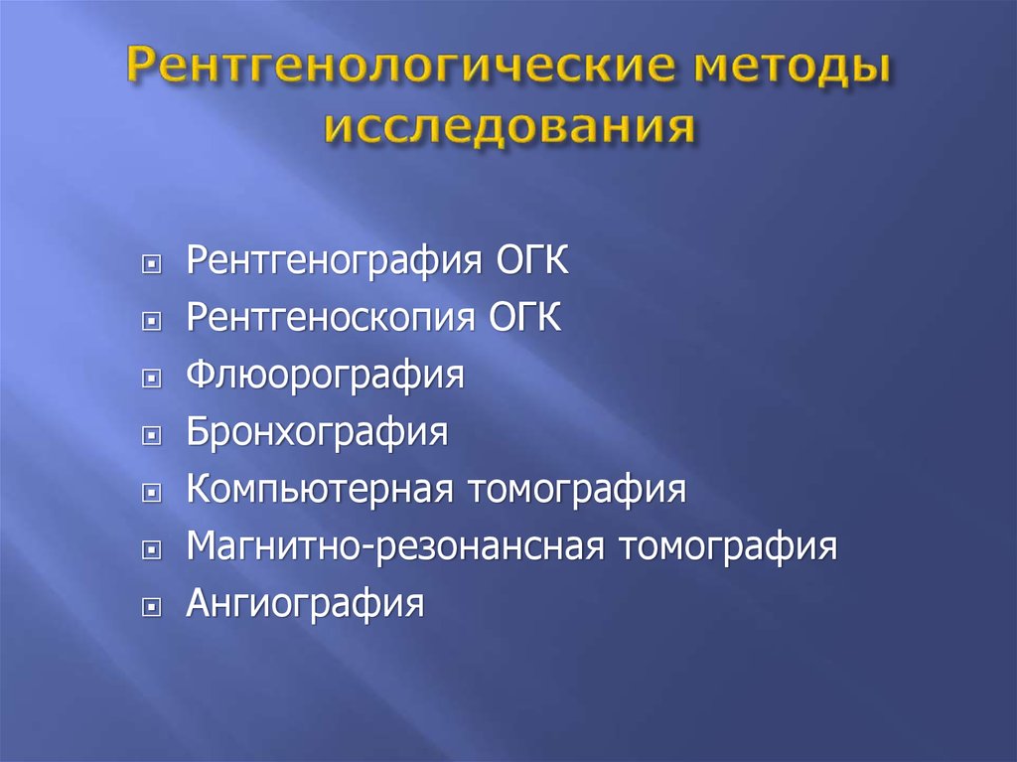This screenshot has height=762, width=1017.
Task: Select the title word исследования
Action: point(509,124)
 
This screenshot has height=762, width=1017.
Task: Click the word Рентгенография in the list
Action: point(335,261)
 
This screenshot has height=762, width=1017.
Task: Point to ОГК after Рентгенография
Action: point(532,259)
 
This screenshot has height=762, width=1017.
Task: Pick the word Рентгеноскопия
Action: point(331,318)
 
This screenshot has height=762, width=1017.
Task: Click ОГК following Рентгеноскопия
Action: point(524,317)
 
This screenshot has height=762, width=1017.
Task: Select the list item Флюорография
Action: point(326,376)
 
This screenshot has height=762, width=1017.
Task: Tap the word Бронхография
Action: point(317,432)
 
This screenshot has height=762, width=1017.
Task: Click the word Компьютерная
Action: point(320,489)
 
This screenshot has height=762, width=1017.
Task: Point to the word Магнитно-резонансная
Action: point(395,546)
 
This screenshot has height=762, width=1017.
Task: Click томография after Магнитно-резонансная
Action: point(728,547)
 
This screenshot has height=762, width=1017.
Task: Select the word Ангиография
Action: point(306,604)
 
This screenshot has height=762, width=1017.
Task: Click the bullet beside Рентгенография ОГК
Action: point(151,264)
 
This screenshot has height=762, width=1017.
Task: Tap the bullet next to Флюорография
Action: point(151,379)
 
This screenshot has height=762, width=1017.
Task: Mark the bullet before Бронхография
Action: point(151,435)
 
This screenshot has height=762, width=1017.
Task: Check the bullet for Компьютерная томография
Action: point(151,494)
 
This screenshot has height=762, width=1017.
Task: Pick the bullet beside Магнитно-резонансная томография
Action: point(151,550)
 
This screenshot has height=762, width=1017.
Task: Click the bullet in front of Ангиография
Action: point(151,608)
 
